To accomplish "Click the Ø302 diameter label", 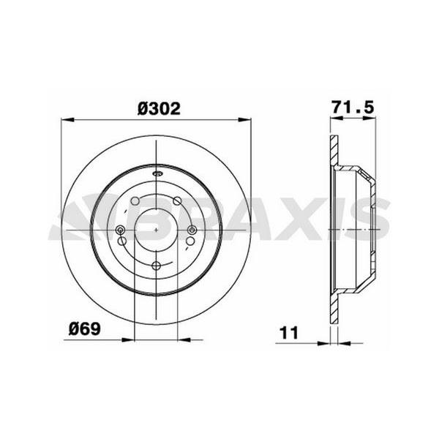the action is click(x=159, y=108).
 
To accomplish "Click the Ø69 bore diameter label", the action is click(x=85, y=329).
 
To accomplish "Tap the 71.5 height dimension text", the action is click(x=353, y=107).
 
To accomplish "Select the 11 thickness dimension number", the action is click(x=289, y=333).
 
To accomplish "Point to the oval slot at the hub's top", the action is click(x=157, y=174).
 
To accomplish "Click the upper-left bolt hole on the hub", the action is click(x=135, y=200).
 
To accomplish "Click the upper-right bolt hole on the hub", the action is click(x=177, y=200).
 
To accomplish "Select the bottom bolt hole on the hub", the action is click(x=157, y=266).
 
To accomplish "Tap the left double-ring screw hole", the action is click(x=121, y=230).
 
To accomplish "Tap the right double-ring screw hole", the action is click(x=192, y=230).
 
